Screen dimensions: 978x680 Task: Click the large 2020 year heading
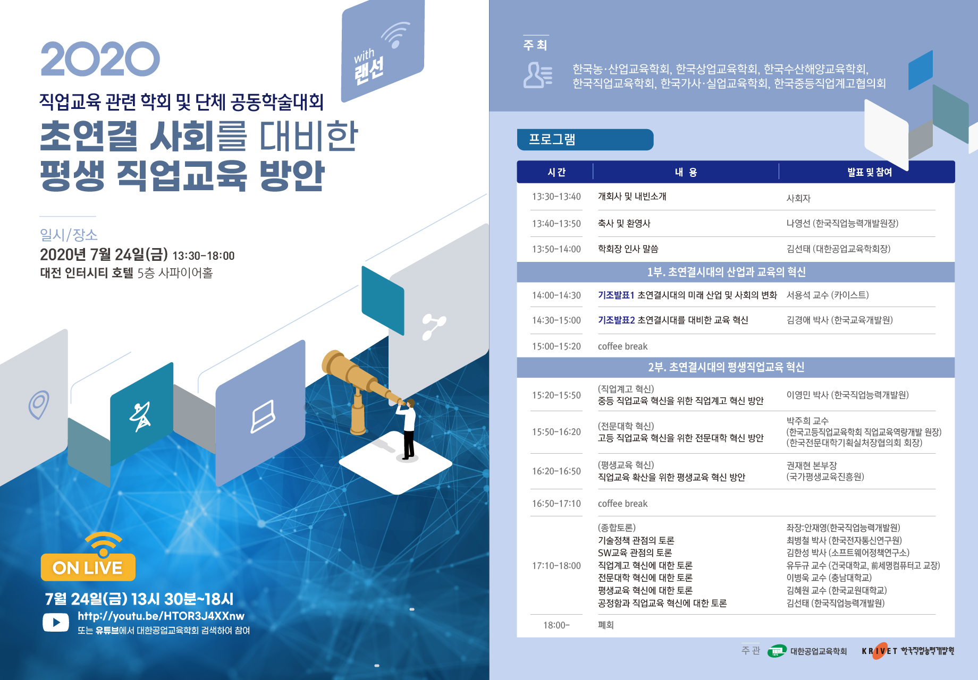click(x=100, y=59)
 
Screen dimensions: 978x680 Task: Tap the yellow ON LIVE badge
click(x=88, y=567)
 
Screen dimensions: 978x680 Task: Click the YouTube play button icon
click(x=56, y=622)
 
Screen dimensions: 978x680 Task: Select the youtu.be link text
click(x=161, y=616)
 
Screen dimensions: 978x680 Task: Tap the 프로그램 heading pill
click(x=585, y=140)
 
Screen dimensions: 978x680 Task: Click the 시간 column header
click(x=557, y=172)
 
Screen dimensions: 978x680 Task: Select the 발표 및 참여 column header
click(x=870, y=172)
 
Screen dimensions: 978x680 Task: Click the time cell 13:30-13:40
click(x=557, y=197)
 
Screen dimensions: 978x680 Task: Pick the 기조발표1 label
click(x=616, y=295)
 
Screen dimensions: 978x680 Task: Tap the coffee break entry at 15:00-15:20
click(x=622, y=346)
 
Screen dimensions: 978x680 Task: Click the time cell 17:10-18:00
click(x=557, y=566)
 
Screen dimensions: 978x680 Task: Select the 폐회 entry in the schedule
click(x=606, y=625)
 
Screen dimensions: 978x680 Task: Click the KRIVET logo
click(x=908, y=651)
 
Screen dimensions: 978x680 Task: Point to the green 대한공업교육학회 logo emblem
click(x=777, y=651)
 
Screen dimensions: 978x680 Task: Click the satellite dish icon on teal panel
click(x=141, y=417)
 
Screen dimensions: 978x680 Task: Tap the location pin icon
click(x=39, y=405)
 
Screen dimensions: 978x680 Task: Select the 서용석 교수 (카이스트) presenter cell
click(x=828, y=295)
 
